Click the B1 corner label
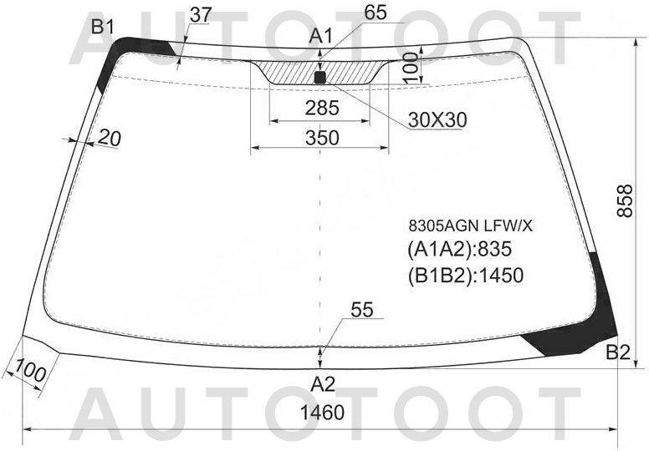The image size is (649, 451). (102, 28)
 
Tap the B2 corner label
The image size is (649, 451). (618, 352)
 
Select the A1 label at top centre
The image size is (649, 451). (320, 37)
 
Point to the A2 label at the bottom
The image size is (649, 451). (323, 384)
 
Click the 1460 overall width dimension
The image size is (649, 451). (322, 413)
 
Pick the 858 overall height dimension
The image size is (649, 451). (625, 201)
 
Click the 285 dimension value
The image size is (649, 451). (322, 109)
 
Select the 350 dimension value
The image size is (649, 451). (322, 138)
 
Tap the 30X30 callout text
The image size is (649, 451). (437, 120)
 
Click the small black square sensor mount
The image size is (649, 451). (320, 78)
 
